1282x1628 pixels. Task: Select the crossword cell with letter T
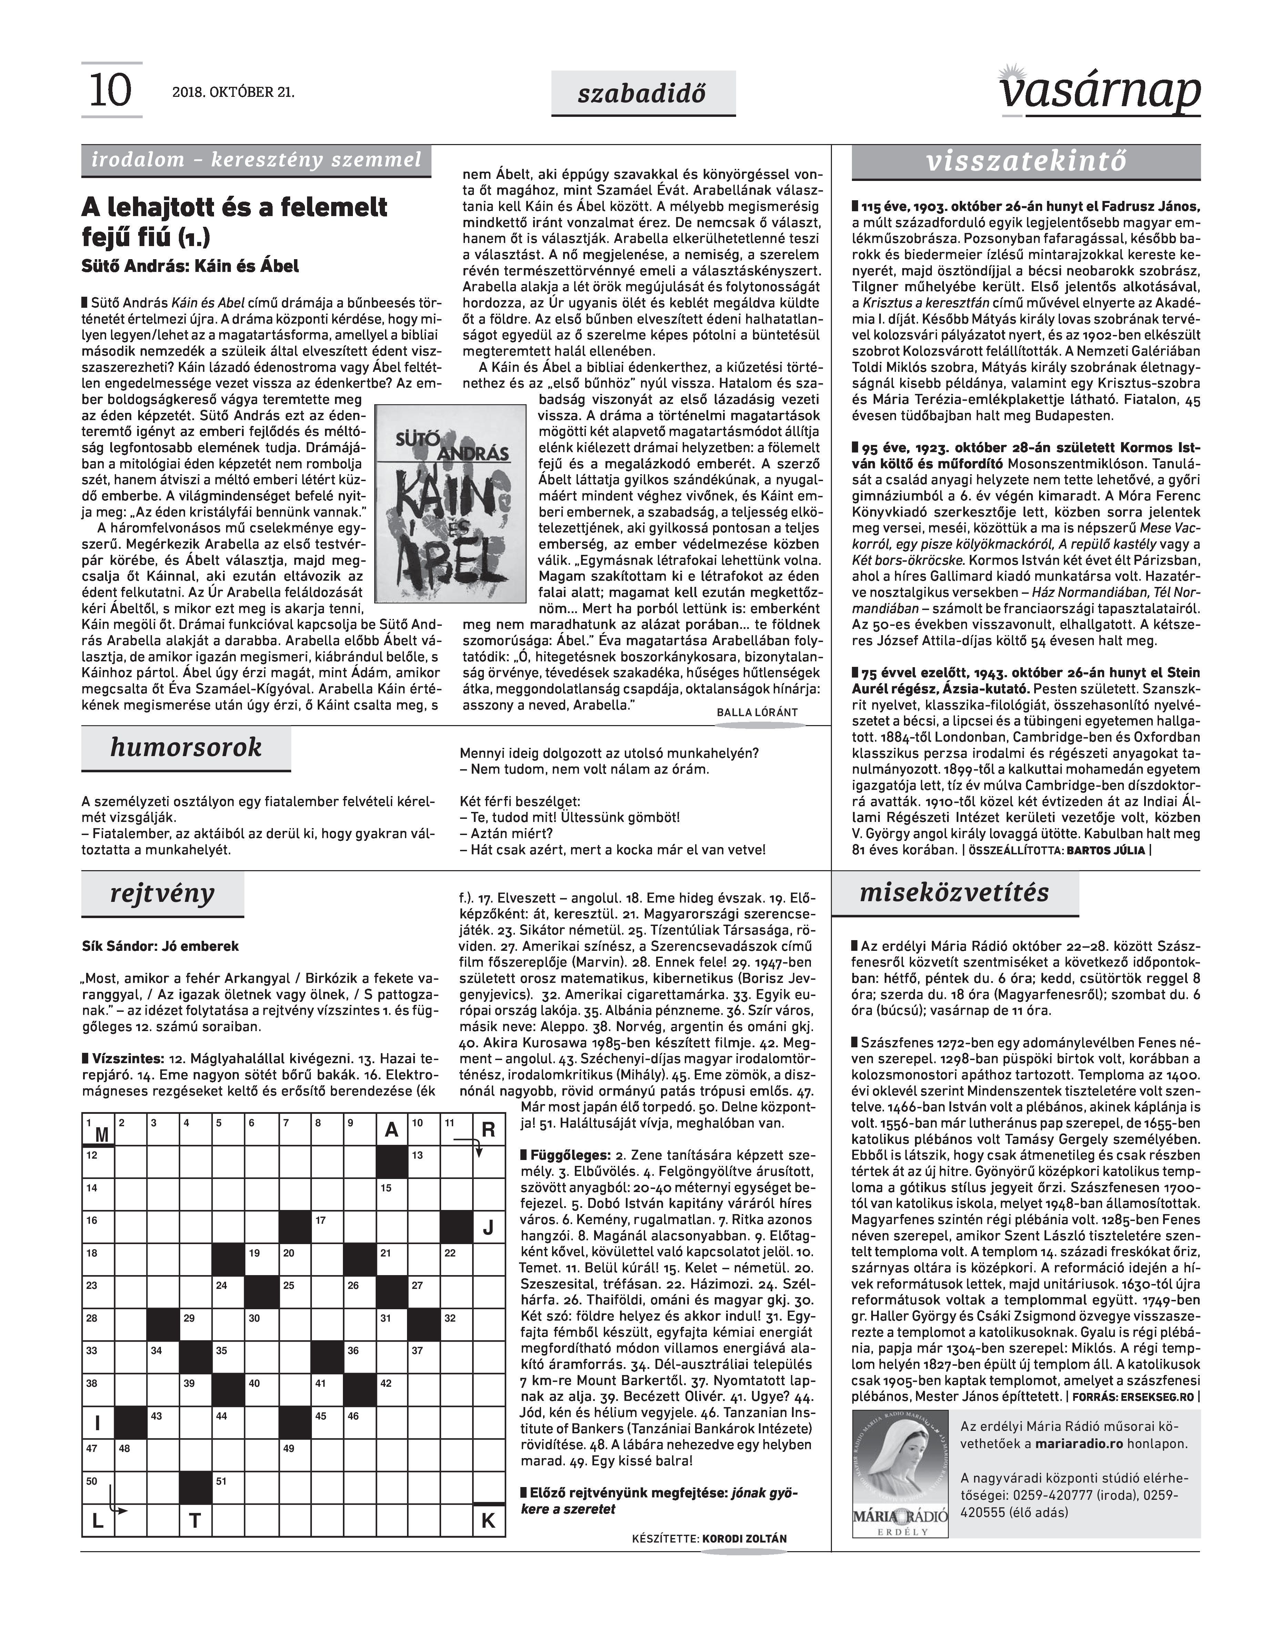[195, 1521]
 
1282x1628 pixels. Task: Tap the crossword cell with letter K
[488, 1521]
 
